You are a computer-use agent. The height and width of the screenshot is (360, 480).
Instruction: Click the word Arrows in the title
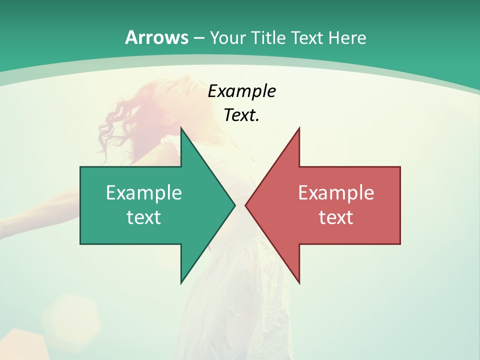click(156, 37)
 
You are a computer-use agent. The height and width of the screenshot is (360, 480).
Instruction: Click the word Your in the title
click(227, 38)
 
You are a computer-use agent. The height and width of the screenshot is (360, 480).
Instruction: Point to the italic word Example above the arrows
click(241, 91)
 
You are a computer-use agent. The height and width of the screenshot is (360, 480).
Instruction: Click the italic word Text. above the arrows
click(241, 115)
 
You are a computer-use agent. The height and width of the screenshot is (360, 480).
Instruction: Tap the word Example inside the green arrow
click(144, 192)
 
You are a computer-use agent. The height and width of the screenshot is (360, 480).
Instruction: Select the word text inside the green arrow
click(144, 217)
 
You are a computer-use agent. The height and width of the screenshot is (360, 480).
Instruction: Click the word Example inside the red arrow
click(336, 192)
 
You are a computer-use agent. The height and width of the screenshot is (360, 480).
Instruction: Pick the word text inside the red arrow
click(336, 217)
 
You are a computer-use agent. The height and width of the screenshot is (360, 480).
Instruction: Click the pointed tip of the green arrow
click(234, 205)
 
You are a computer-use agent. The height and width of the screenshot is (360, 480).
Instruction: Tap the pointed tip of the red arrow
click(245, 205)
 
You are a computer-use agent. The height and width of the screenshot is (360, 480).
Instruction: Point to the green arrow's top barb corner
click(181, 128)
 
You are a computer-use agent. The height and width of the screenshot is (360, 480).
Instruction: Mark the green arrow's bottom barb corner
click(181, 283)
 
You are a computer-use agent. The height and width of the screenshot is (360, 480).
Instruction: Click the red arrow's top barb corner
click(299, 128)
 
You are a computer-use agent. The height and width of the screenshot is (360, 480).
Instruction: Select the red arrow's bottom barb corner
click(299, 283)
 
